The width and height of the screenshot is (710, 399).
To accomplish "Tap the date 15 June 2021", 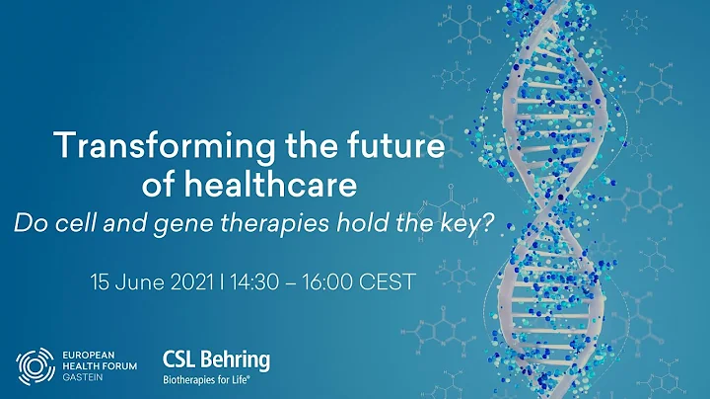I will tap(148, 280).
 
